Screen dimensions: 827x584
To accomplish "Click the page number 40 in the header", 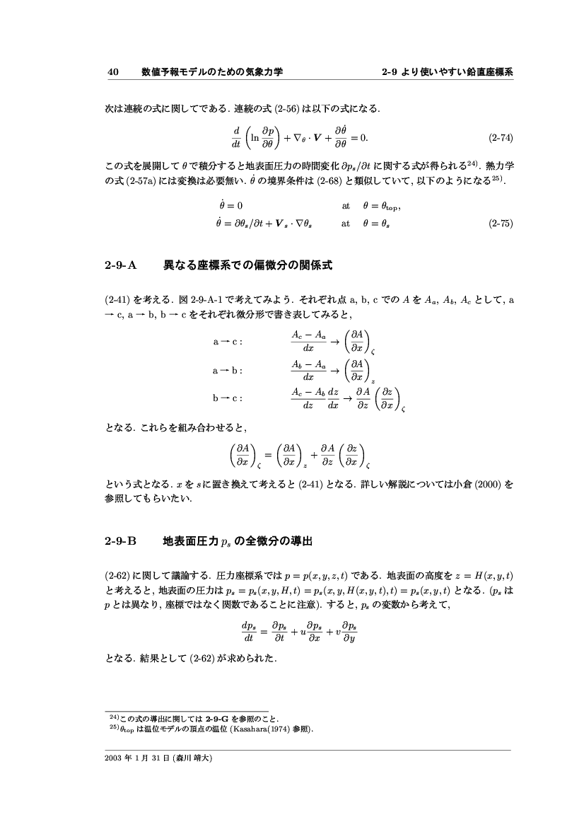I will (112, 71).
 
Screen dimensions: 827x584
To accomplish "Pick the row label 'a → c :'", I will (228, 341).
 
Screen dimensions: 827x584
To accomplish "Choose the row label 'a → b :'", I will (228, 370).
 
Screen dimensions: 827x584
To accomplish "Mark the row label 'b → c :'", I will (228, 398).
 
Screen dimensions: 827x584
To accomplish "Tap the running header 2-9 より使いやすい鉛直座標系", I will (446, 71).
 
